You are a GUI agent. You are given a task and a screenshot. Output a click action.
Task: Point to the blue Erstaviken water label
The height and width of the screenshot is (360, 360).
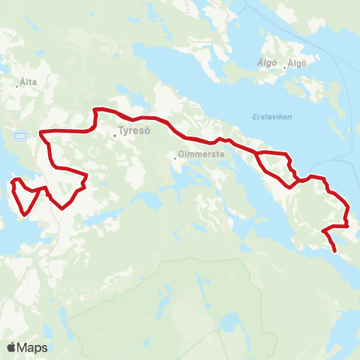point(268,117)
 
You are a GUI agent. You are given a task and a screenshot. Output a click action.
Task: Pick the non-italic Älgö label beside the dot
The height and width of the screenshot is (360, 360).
point(298,64)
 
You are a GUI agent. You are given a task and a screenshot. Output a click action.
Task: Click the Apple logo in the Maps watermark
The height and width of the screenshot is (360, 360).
point(12,347)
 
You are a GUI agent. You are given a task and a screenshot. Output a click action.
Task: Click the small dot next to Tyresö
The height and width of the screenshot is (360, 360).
point(115,136)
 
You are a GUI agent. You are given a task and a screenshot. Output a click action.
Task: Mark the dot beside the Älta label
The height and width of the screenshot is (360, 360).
point(16,86)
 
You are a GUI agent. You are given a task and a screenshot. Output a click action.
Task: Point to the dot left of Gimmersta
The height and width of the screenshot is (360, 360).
point(175,157)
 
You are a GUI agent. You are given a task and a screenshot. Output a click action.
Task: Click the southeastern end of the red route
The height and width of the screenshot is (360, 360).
point(334,251)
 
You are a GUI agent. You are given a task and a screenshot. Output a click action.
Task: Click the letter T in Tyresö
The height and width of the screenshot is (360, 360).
point(121,136)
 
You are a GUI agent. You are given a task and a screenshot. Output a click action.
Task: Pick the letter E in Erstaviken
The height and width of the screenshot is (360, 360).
point(248,117)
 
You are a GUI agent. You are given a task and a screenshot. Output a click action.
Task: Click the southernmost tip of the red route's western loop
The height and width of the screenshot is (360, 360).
point(26,214)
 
